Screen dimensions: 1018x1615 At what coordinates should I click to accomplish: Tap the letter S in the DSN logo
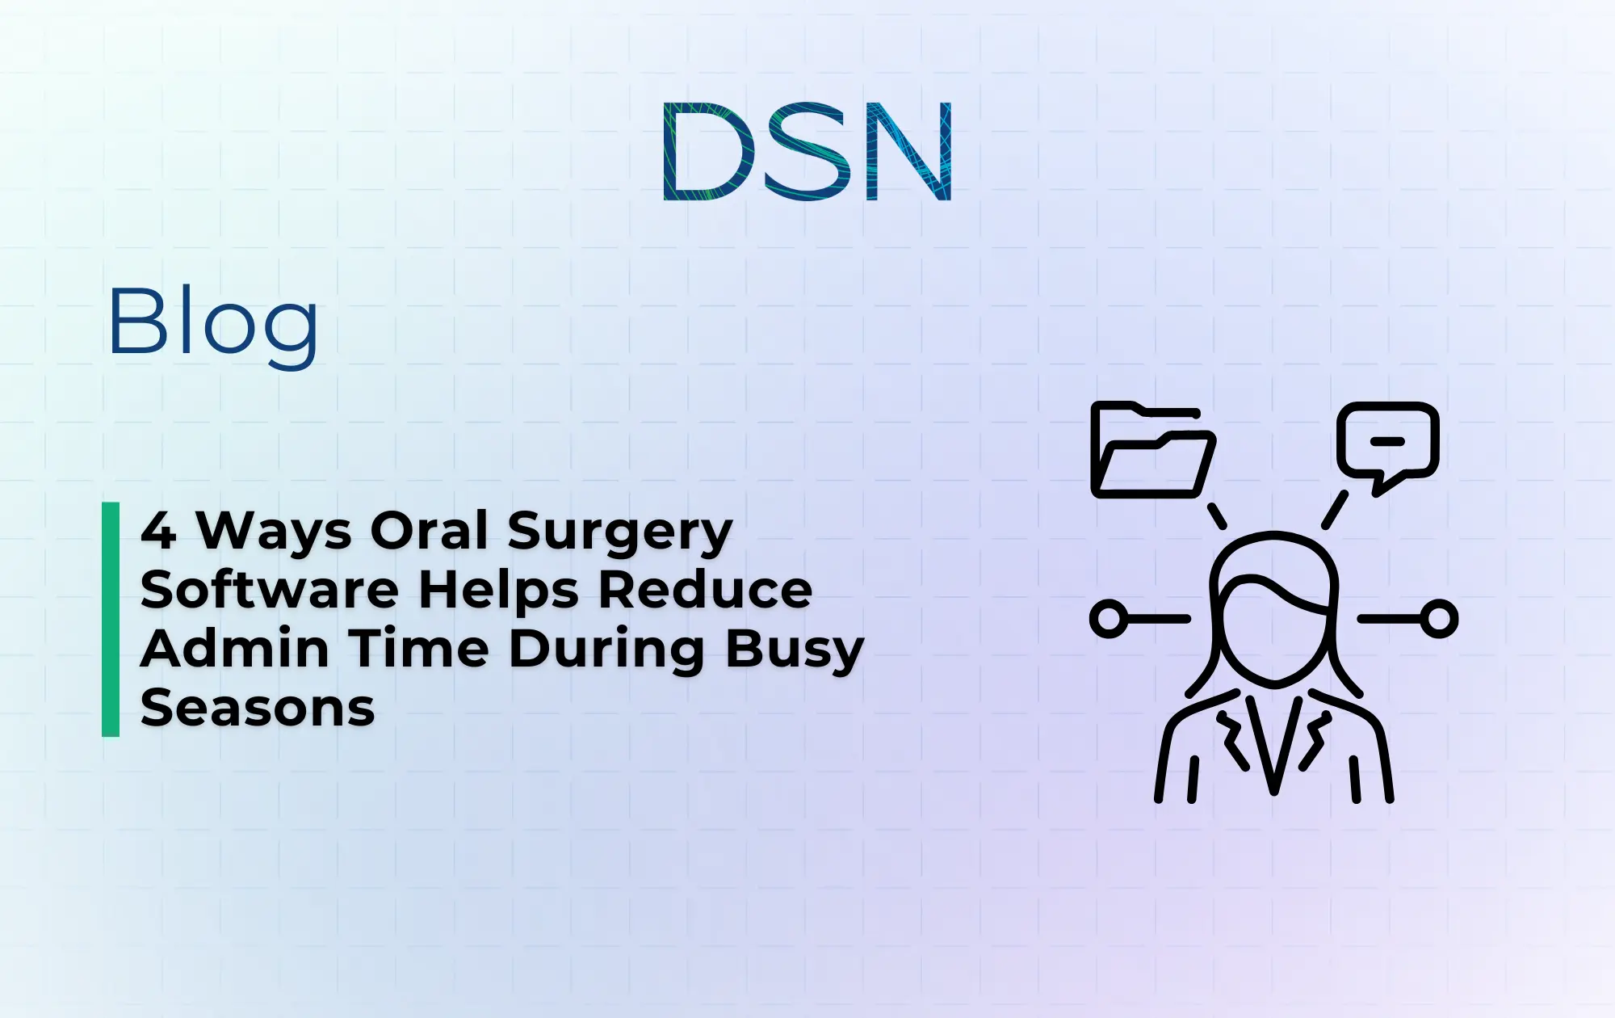[808, 151]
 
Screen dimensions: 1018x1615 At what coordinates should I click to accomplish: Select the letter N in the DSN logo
[908, 151]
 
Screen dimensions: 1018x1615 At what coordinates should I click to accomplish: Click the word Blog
[213, 323]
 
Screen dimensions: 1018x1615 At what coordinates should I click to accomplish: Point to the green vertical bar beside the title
[111, 619]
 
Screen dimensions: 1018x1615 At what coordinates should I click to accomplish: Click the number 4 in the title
[158, 531]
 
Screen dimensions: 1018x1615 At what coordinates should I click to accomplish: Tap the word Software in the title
[269, 590]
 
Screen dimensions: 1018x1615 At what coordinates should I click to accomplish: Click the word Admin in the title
[235, 649]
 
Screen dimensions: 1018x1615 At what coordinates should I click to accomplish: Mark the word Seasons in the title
[258, 709]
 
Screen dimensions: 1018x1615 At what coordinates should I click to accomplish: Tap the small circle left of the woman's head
[1109, 619]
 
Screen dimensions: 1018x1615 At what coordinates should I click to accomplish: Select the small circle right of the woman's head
[1438, 619]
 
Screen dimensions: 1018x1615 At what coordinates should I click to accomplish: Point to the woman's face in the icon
[1273, 638]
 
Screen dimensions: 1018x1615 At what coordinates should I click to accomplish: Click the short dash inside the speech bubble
[1388, 441]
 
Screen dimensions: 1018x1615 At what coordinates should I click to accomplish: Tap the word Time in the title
[419, 649]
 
